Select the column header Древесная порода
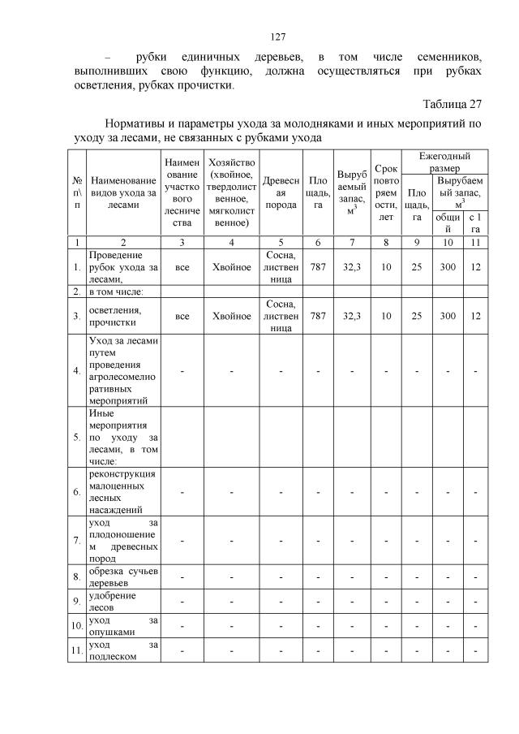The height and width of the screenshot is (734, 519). (x=281, y=194)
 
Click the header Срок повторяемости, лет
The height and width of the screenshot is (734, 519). (x=386, y=194)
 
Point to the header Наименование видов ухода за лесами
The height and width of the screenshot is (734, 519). (x=123, y=194)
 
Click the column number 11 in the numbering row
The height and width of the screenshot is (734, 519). (x=474, y=242)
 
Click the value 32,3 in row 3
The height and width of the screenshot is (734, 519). (x=351, y=316)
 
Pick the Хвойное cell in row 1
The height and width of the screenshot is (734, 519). (x=232, y=265)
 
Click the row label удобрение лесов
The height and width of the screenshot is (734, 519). (x=113, y=601)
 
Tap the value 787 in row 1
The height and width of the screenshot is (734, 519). (x=318, y=265)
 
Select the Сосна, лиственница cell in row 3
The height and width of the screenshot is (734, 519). (x=281, y=316)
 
